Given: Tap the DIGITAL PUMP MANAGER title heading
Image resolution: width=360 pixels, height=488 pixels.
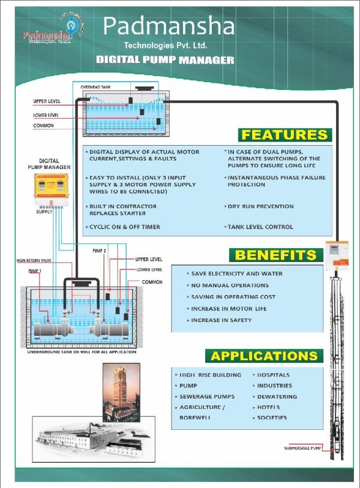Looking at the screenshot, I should coord(165,60).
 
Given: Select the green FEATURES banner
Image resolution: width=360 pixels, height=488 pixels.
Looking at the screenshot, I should coord(284,135).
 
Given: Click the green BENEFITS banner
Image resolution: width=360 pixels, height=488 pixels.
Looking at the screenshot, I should coord(275,255).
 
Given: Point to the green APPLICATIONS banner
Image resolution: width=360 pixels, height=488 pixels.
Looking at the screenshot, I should coord(264,356).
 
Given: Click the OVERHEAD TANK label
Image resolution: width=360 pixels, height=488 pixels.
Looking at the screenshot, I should coord(95,87).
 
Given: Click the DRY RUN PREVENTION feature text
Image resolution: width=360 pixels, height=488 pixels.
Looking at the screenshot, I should coord(260,206).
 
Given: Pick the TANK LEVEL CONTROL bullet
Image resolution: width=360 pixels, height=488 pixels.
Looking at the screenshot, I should coord(260,227).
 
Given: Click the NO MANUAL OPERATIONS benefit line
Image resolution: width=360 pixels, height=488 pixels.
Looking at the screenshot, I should coord(229,285).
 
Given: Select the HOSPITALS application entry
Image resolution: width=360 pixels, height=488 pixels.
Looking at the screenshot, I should coord(274,375).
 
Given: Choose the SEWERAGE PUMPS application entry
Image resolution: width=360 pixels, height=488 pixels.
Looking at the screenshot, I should coord(206,396).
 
